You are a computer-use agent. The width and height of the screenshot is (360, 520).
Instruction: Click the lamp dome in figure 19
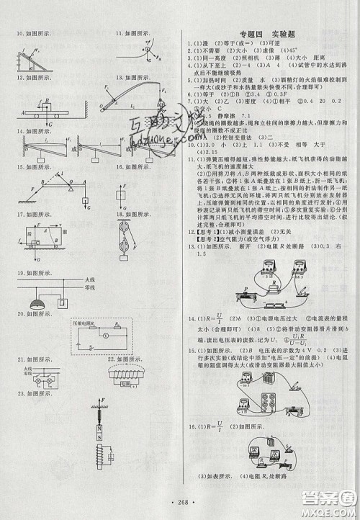(38, 305)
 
